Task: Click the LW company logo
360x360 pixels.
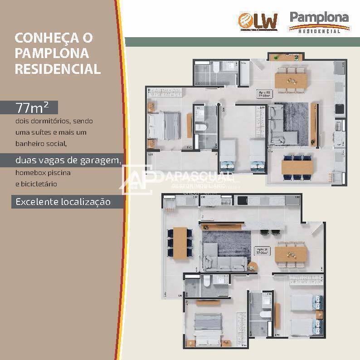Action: [258, 21]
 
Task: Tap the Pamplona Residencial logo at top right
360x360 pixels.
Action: [319, 22]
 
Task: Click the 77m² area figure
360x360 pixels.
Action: [29, 108]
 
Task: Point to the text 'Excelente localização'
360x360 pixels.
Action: [63, 202]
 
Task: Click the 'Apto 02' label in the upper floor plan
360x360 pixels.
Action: [264, 93]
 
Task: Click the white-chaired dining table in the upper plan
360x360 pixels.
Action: [291, 80]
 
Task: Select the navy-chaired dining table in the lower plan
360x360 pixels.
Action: [180, 242]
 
